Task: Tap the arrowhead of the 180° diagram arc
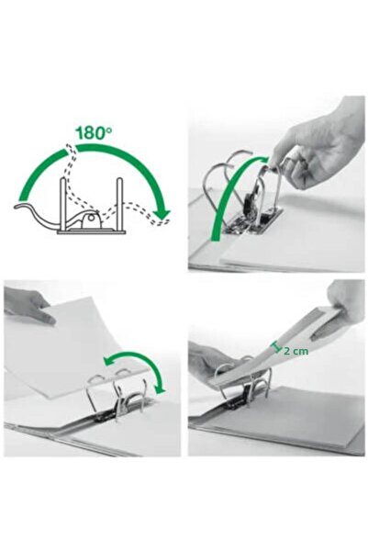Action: (162, 215)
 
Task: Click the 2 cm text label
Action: (296, 350)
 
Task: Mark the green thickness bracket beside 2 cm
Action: (273, 346)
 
